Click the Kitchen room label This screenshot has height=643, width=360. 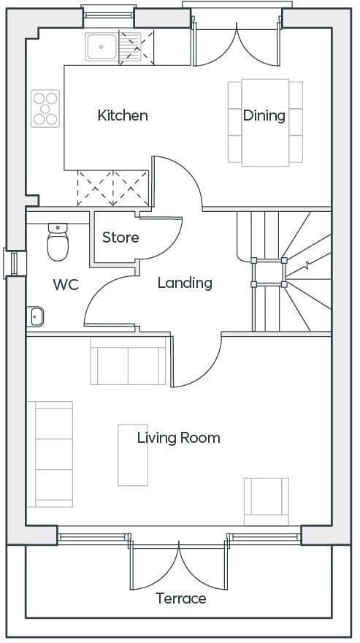[123, 115]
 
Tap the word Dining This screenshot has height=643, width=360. [264, 115]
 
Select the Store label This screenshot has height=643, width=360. [120, 237]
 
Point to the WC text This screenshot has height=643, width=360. [66, 284]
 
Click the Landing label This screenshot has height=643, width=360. [185, 283]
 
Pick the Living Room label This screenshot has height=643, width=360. [179, 438]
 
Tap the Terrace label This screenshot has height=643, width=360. [181, 598]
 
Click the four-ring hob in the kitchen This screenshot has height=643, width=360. [45, 109]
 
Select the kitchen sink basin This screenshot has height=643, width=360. [102, 47]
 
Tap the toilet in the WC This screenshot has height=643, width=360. [58, 242]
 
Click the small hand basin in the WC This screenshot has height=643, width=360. [35, 316]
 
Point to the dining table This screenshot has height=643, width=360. [265, 123]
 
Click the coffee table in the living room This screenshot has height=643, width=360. [133, 455]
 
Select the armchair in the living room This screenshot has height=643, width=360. [266, 501]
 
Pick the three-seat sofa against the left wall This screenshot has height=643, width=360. [50, 454]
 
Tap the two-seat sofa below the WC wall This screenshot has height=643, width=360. [129, 360]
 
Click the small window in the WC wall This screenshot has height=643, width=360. [15, 264]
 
